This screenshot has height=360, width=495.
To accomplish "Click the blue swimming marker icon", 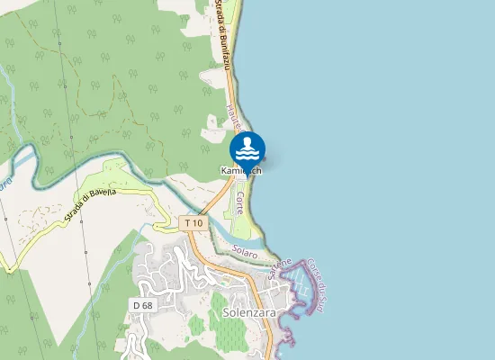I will click(247, 148).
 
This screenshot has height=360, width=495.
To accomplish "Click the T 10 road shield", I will click(193, 221).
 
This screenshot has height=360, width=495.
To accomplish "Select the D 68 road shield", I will click(141, 305).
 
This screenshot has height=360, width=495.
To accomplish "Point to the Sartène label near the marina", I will click(280, 266).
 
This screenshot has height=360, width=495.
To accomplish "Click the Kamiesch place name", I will click(241, 170).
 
